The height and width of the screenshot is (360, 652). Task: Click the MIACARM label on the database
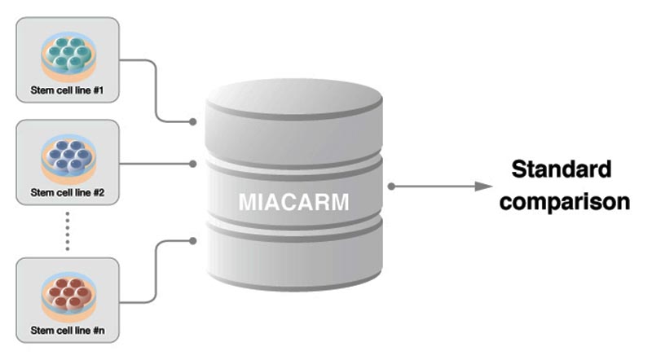click(293, 201)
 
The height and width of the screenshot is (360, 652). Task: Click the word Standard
click(561, 170)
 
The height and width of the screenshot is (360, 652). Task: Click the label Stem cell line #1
click(68, 89)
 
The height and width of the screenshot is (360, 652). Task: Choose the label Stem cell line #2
click(68, 192)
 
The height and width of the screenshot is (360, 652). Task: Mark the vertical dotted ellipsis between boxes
click(68, 231)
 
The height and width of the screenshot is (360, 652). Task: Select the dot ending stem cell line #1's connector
click(193, 122)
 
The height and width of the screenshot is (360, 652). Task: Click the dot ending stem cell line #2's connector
click(193, 163)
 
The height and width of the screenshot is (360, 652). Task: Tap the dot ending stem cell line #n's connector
click(193, 240)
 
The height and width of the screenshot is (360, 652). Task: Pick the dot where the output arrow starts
click(392, 187)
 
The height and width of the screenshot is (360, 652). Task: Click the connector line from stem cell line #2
click(155, 163)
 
